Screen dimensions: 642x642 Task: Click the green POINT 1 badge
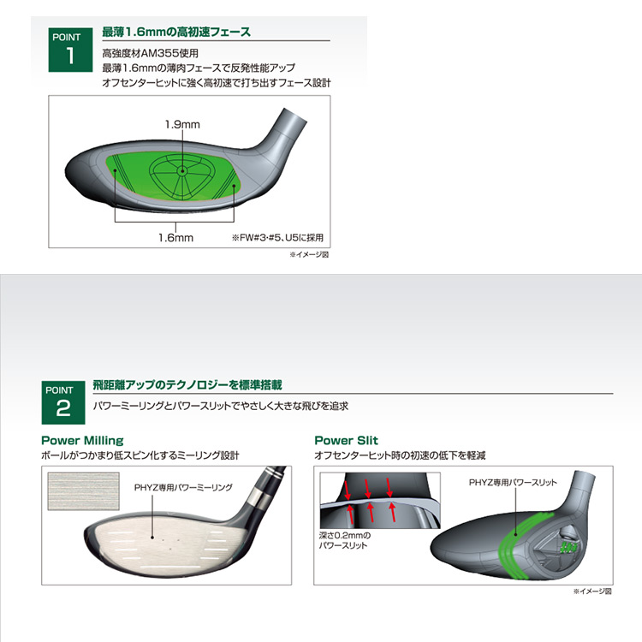(x=70, y=50)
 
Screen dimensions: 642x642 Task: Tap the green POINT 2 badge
(x=63, y=402)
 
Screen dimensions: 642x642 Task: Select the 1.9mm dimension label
(x=182, y=124)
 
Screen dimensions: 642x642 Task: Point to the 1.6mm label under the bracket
(x=175, y=237)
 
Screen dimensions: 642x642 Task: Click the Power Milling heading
(x=82, y=441)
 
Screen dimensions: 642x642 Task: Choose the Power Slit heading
(x=346, y=441)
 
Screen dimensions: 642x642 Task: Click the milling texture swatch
(x=84, y=491)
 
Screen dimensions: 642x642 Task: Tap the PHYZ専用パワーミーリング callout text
(x=183, y=488)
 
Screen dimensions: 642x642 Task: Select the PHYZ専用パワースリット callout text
(x=513, y=483)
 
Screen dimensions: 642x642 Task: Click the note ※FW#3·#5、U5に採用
(x=277, y=238)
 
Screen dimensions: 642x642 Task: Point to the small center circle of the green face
(x=182, y=170)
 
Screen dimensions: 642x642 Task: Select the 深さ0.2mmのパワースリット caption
(x=343, y=540)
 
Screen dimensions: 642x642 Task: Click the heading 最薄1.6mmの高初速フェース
(x=176, y=32)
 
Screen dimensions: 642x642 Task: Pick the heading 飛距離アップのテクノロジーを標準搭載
(x=187, y=385)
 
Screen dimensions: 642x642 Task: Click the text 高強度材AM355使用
(x=151, y=53)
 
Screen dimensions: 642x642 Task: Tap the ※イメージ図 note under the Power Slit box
(x=592, y=591)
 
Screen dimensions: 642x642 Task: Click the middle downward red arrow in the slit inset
(x=367, y=489)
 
